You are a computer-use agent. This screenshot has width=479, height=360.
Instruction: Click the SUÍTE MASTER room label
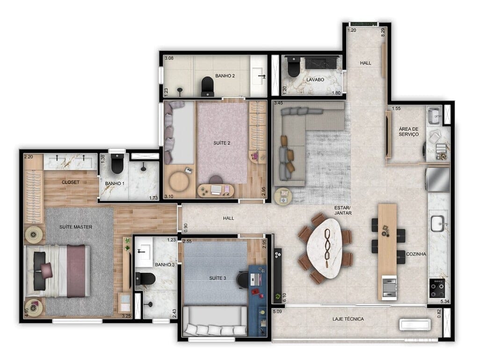[x=76, y=227]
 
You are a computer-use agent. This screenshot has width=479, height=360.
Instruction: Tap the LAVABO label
[x=316, y=80]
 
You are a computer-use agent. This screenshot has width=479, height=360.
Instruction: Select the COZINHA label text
[x=416, y=254]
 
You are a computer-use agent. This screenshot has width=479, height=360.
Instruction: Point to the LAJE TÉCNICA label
[x=348, y=319]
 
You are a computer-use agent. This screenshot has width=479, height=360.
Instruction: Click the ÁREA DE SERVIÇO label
[x=409, y=132]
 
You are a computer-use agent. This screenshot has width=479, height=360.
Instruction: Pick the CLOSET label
[x=71, y=182]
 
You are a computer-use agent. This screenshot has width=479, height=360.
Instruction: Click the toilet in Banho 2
[x=207, y=86]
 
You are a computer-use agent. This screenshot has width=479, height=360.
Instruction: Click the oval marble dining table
[x=326, y=248]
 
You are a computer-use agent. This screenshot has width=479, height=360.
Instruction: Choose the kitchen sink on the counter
[x=439, y=223]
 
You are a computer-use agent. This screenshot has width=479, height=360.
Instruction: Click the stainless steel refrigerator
[x=437, y=180]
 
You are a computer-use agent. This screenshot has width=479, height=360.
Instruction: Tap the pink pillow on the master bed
[x=47, y=269]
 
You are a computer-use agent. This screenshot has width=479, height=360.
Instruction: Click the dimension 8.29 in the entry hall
[x=383, y=32]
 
